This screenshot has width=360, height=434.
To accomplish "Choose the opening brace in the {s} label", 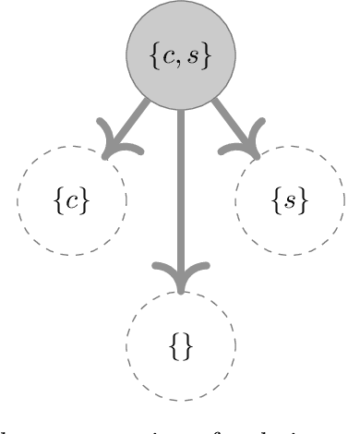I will (276, 199).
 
